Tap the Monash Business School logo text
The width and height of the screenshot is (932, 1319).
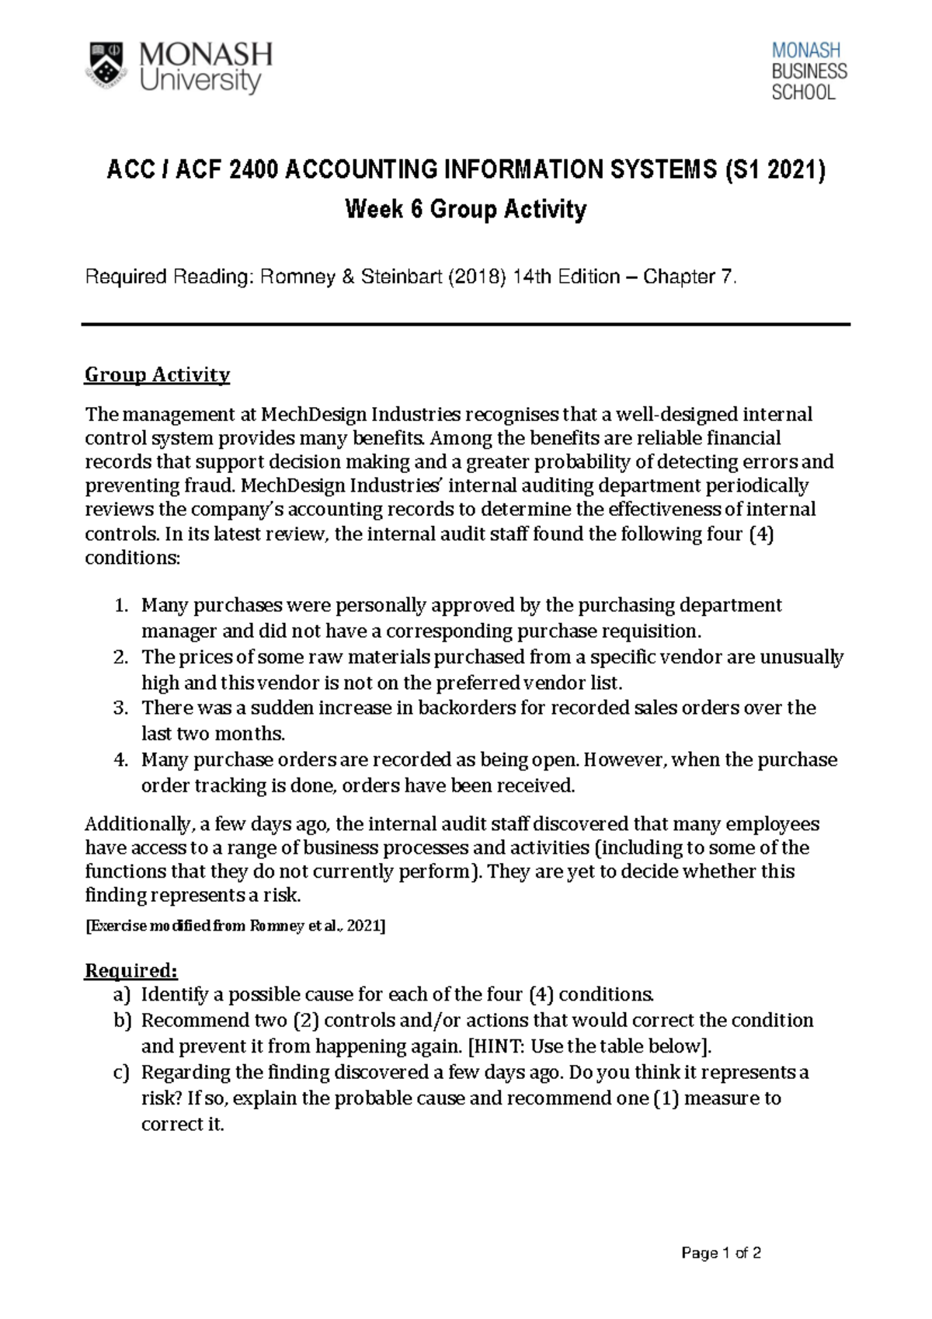[x=809, y=71]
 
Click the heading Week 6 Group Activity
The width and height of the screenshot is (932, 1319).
[x=465, y=209]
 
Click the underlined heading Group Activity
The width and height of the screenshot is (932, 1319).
[x=157, y=375]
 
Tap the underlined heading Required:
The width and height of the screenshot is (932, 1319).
[x=131, y=971]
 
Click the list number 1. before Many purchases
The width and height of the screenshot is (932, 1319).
[x=120, y=605]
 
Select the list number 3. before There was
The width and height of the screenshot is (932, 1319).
[x=120, y=708]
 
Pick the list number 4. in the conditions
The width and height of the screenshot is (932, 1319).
[x=120, y=760]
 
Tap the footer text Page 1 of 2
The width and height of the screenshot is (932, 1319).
[x=721, y=1253]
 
